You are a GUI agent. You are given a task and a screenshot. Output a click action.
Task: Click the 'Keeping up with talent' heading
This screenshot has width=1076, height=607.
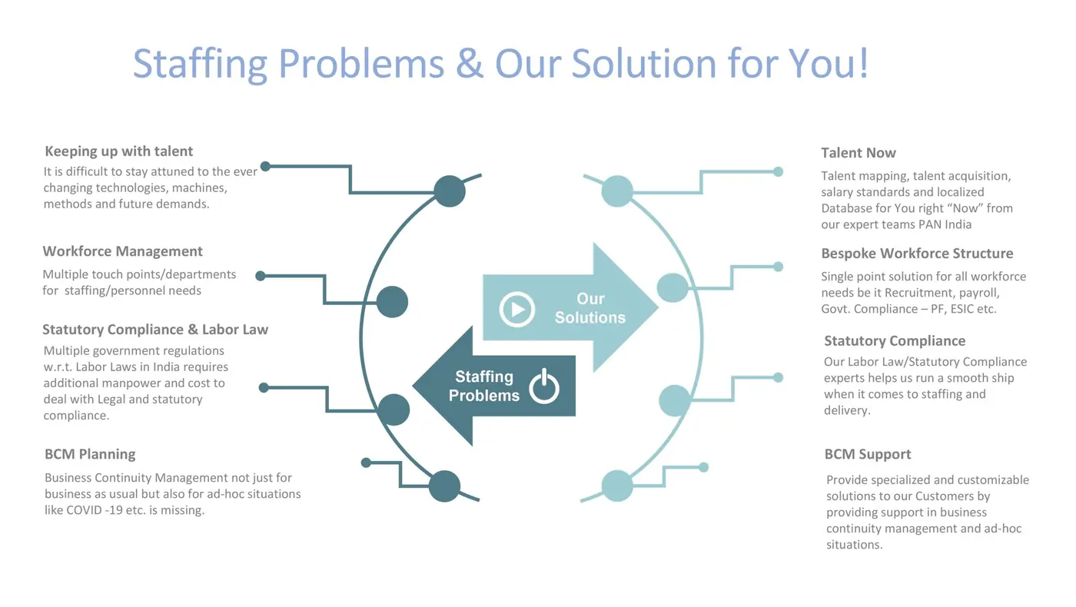(118, 151)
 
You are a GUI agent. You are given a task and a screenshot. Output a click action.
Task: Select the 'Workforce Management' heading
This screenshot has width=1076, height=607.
(122, 251)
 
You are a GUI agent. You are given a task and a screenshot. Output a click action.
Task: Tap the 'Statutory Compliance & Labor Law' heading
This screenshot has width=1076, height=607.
(155, 330)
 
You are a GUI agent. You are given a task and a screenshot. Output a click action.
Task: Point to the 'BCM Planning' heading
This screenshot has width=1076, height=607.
(90, 454)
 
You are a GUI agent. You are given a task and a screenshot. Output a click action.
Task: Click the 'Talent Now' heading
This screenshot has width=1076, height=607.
(858, 153)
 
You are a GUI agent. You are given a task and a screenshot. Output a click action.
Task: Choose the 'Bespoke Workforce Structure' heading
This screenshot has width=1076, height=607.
(917, 253)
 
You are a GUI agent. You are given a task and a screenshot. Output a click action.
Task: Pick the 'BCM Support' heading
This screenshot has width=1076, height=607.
(868, 454)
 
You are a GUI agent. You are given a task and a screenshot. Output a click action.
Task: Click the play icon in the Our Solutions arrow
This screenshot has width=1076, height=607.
(516, 309)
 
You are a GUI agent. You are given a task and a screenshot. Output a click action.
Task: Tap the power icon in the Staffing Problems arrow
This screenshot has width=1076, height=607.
(544, 386)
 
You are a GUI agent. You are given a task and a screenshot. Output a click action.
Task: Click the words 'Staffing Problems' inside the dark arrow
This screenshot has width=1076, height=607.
(483, 386)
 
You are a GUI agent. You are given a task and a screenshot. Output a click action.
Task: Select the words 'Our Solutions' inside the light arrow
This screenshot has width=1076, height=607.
(590, 308)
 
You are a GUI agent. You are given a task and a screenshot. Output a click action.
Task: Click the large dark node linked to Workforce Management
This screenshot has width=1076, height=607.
(392, 302)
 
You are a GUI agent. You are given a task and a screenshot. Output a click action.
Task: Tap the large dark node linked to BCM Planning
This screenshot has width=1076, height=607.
(444, 486)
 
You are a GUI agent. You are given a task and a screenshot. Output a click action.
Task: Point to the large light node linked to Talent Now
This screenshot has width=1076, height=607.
(617, 191)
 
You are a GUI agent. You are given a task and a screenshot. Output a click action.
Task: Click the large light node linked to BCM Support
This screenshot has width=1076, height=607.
(617, 486)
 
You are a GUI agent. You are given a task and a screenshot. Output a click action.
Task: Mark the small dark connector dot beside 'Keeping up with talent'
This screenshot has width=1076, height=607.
(265, 167)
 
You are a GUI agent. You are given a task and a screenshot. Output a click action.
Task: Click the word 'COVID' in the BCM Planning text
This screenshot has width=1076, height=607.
(84, 510)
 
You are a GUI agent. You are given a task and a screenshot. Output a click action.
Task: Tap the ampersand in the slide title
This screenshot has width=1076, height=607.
(470, 63)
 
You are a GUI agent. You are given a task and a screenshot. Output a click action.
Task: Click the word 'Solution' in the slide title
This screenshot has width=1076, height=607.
(644, 63)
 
